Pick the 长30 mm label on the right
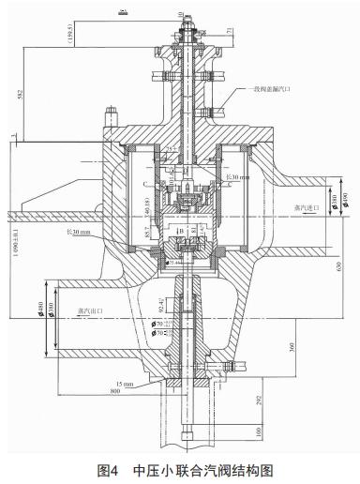click(x=238, y=175)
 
